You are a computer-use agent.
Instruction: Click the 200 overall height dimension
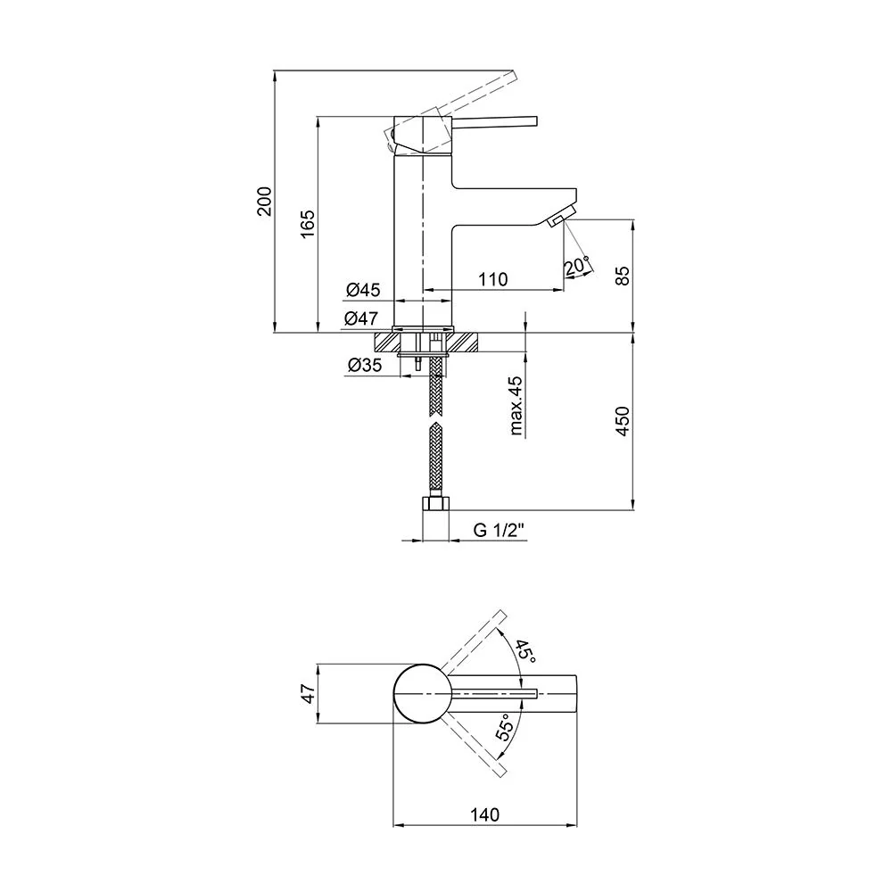click(265, 201)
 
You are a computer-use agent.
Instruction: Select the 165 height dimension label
click(307, 224)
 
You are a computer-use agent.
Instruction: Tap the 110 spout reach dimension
click(492, 279)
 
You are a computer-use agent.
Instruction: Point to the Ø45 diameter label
click(363, 290)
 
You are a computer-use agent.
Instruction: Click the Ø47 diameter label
click(360, 318)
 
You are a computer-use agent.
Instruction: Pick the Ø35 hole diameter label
click(365, 365)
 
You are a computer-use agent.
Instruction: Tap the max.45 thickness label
click(516, 405)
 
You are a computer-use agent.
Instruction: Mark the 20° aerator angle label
click(577, 266)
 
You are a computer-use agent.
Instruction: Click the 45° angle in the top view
click(525, 652)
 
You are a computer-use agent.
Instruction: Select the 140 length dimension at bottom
click(484, 815)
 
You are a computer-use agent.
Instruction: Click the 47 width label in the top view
click(308, 694)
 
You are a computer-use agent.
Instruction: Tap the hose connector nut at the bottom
click(436, 503)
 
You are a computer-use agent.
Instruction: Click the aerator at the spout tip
click(561, 219)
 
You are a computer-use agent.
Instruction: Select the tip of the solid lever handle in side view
click(536, 121)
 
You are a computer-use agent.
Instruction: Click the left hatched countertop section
click(387, 343)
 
